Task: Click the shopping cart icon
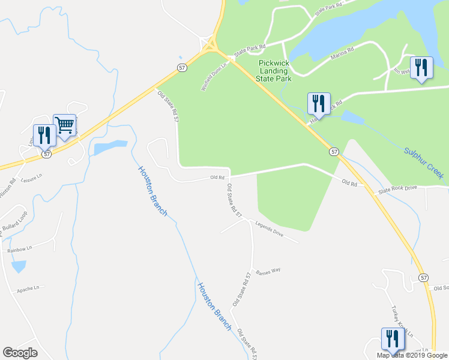tap(65, 125)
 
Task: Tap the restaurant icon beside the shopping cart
tap(44, 135)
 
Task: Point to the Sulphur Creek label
tap(423, 163)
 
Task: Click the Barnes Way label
tap(268, 271)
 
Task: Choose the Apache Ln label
tap(27, 288)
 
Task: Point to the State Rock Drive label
tap(397, 189)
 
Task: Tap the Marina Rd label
tap(342, 58)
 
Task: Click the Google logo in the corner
tap(20, 353)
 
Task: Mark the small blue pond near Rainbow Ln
tap(19, 266)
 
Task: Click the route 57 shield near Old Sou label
tap(424, 278)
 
